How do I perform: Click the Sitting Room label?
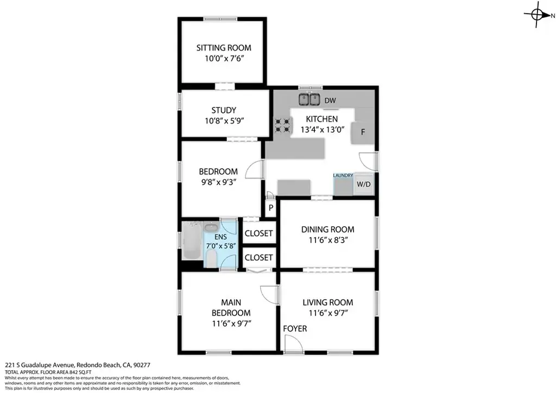[224, 48]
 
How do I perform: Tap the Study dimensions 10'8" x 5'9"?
[224, 121]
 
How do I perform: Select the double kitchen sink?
[309, 99]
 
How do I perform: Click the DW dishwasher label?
[330, 100]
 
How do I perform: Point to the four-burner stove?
[282, 125]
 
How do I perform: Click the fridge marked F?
[363, 133]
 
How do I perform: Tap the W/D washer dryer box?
[363, 184]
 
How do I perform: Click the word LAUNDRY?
[343, 175]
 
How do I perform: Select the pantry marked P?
[271, 208]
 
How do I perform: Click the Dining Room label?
[327, 230]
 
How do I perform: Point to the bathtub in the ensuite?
[192, 240]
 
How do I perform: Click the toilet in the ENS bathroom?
[211, 258]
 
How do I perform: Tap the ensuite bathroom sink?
[212, 227]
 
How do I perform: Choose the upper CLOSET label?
[259, 233]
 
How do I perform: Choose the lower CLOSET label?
[259, 258]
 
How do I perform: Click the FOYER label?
[295, 329]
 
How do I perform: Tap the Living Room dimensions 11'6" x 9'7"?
[328, 313]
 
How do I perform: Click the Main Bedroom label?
[231, 308]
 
